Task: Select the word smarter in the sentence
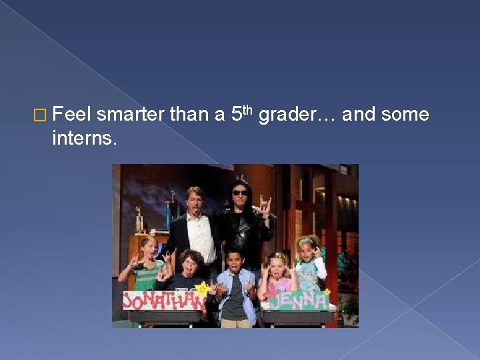pos(130,115)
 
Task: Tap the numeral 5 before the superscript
pos(236,115)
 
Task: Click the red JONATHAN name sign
pos(163,301)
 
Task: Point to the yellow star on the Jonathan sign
pos(200,288)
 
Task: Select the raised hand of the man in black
pos(265,204)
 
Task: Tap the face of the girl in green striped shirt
pos(148,247)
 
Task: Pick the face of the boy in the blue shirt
pos(235,259)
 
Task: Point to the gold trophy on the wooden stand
pos(139,221)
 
